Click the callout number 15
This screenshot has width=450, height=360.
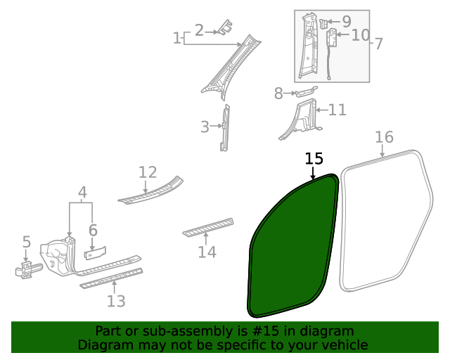click(314, 159)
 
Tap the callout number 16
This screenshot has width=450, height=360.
click(384, 136)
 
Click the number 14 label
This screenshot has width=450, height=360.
click(207, 252)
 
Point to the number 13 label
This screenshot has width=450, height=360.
click(116, 302)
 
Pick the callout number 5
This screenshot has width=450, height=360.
click(26, 243)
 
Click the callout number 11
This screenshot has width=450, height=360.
click(337, 110)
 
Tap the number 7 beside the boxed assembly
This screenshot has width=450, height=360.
click(378, 44)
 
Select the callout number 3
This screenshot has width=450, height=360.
click(205, 127)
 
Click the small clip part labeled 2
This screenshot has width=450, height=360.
click(225, 27)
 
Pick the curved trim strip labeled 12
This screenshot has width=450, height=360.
click(151, 193)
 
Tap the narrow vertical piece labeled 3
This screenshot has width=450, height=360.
click(225, 127)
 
